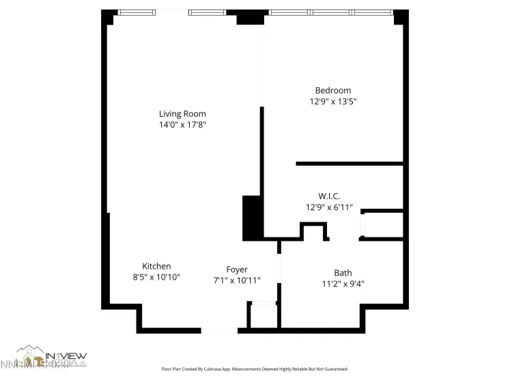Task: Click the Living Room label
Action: pos(182,114)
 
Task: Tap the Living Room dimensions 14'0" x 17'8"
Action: pos(182,125)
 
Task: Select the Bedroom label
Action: pos(332,91)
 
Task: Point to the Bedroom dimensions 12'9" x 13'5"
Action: pos(332,102)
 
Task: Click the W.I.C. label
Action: pos(328,196)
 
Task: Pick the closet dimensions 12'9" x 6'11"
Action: pos(328,207)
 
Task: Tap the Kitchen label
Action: pos(156,266)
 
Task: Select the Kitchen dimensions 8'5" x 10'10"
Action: pos(156,278)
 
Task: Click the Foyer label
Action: pos(237,269)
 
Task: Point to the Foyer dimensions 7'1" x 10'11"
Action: pos(237,280)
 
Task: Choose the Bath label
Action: pos(343,273)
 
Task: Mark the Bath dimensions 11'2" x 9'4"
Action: pos(343,284)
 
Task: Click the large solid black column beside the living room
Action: pos(252,218)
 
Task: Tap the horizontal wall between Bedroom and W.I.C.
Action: pos(349,164)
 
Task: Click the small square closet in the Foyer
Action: pos(263,316)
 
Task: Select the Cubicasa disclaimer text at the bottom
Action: pos(255,368)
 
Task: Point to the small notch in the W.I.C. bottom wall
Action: pos(314,232)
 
